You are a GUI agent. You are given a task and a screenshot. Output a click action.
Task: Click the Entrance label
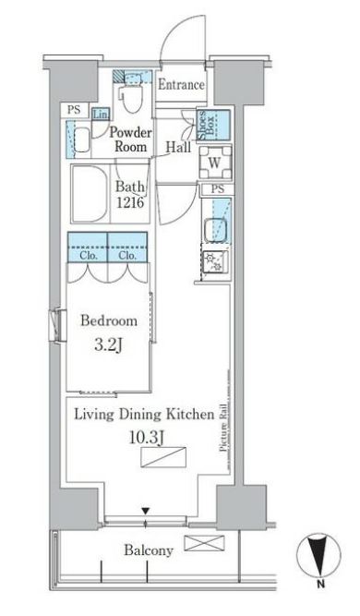pos(181,84)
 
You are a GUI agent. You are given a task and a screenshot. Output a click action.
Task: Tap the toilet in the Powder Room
pos(131,95)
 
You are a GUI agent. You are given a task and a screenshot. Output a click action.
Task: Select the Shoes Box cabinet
pos(214,125)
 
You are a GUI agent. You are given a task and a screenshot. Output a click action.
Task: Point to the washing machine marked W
pos(215,163)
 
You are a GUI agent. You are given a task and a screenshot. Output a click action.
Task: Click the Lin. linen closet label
pos(101,115)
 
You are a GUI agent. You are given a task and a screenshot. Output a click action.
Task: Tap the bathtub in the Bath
pos(89,193)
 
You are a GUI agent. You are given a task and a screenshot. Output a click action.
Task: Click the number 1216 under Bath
pos(129,202)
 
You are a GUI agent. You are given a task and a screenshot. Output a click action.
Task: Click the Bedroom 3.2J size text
pos(109,344)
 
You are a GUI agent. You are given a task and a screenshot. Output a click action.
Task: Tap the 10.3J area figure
pos(146,437)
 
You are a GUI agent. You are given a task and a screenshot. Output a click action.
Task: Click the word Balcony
pos(149,550)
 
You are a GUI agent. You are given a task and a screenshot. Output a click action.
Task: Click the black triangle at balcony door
pos(146,511)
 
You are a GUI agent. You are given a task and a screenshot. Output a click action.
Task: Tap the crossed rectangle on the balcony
pos(204,543)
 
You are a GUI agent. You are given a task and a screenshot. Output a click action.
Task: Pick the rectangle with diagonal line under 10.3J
pos(163,457)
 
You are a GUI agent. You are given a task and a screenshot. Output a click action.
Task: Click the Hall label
pos(178,148)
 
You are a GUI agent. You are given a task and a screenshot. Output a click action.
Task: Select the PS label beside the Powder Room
pos(74,110)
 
